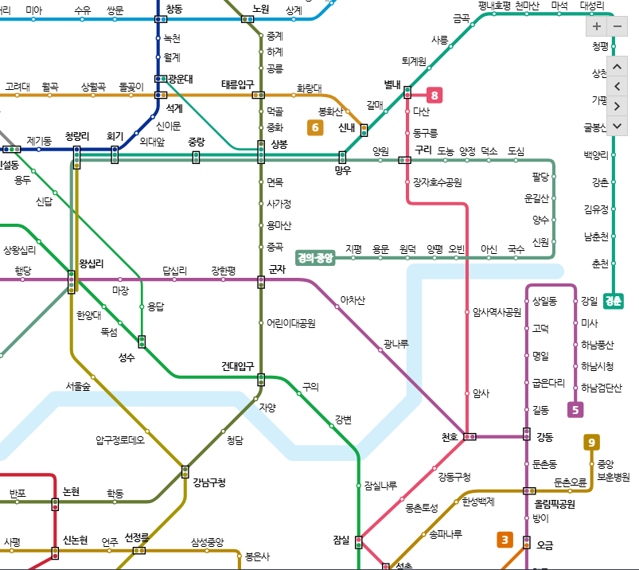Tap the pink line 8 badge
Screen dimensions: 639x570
coord(434,96)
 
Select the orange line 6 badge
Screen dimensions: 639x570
coord(315,127)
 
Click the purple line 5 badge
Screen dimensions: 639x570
coord(575,410)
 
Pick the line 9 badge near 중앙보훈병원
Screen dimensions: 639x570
coord(591,443)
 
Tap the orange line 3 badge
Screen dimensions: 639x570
coord(505,540)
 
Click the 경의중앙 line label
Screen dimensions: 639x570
coord(315,257)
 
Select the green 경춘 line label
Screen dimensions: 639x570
coord(614,301)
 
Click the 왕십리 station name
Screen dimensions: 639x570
coord(92,264)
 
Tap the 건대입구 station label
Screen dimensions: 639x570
coord(237,366)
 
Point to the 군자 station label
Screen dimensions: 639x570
coord(277,269)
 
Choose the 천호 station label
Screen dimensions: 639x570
coord(450,437)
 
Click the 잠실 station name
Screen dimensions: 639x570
coord(341,540)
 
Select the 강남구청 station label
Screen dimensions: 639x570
coord(209,482)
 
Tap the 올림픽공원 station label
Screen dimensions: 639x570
coord(555,503)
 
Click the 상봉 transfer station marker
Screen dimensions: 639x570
coord(261,150)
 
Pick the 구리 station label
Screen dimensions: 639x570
coord(423,149)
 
